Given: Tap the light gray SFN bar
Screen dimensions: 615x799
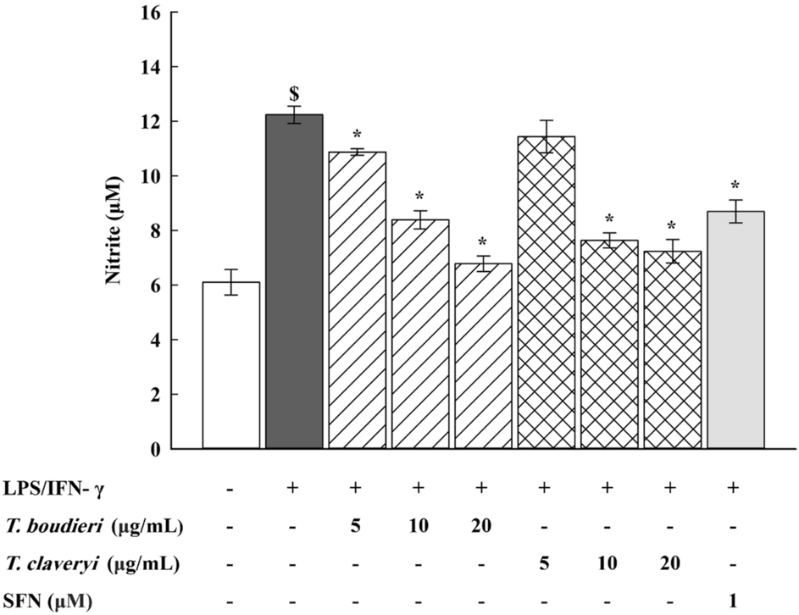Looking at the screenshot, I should [735, 330].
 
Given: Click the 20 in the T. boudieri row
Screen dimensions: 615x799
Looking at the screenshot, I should [483, 525].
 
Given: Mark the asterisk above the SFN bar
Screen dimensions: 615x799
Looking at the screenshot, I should [735, 186].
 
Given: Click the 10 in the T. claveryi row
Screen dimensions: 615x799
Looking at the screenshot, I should [609, 562].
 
